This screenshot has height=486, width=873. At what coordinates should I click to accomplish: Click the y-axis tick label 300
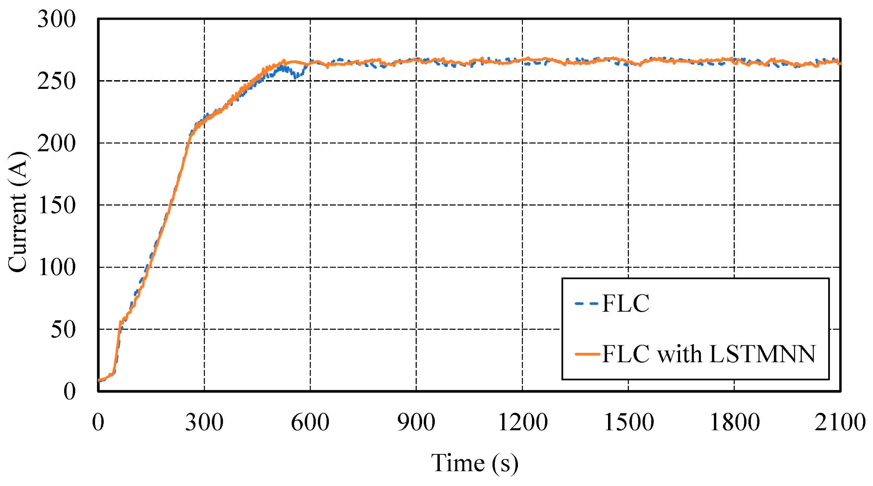coord(56,19)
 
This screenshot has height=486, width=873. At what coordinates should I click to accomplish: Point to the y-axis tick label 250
coord(56,81)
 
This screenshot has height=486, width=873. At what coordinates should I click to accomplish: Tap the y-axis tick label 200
coord(56,144)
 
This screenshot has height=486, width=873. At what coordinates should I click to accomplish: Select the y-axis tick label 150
coord(56,206)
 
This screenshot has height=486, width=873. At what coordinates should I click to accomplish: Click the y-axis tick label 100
coord(56,268)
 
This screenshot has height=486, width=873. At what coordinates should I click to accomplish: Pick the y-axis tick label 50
coord(63,330)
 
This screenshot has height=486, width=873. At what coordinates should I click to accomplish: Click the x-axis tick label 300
coord(204,422)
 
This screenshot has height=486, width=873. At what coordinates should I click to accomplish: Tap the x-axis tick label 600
coord(310,422)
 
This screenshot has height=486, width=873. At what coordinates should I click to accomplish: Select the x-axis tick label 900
coord(416,422)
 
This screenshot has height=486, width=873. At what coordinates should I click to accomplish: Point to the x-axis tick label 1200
coord(522,422)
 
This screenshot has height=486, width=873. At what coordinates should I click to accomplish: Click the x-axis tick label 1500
coord(628,422)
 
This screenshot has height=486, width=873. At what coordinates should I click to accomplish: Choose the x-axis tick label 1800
coord(734,422)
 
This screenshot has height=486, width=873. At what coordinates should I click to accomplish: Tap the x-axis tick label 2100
coord(840,422)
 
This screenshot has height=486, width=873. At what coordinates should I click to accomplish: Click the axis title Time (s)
coord(474,463)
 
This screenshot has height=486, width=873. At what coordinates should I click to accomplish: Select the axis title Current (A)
coord(17,212)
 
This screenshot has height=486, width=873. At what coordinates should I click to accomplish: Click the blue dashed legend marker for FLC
coord(587,304)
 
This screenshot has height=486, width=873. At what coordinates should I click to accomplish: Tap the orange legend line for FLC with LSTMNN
coord(587,354)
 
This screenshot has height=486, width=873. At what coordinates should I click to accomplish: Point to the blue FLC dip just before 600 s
coord(296,76)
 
